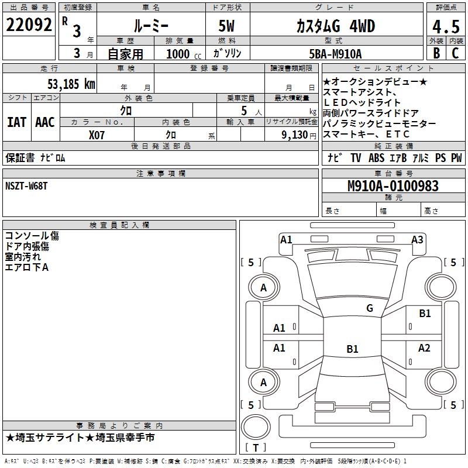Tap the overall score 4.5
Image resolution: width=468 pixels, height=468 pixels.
[445, 27]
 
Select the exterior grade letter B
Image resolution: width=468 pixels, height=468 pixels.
[436, 53]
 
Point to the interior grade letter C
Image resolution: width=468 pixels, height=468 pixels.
[456, 53]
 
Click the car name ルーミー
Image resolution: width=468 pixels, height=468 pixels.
[150, 26]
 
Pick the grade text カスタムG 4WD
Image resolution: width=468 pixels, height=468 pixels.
[335, 26]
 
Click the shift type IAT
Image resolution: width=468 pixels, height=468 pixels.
[17, 122]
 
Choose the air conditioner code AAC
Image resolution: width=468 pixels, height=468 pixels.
[45, 122]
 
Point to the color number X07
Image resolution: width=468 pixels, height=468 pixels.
[97, 134]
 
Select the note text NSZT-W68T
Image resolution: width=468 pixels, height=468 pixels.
[26, 185]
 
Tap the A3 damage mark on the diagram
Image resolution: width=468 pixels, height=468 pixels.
[417, 239]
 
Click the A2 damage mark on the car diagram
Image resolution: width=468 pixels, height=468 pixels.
[424, 348]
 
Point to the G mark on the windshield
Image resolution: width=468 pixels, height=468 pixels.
[369, 308]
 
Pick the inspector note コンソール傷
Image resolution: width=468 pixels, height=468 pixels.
[32, 236]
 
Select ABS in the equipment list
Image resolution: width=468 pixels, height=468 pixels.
[376, 157]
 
